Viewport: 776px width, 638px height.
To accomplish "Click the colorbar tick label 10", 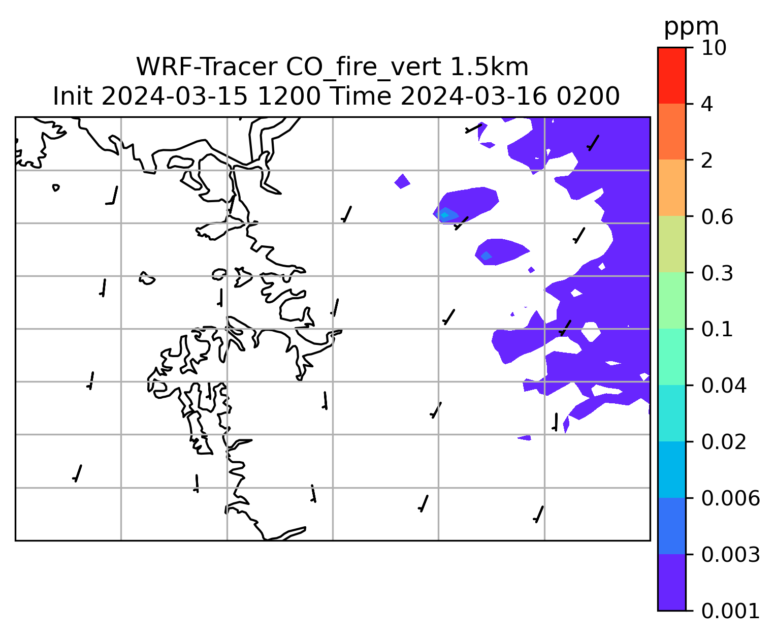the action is pyautogui.click(x=714, y=48).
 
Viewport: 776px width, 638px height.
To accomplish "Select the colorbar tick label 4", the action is pyautogui.click(x=707, y=104).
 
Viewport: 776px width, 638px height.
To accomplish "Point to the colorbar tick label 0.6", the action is pyautogui.click(x=717, y=217).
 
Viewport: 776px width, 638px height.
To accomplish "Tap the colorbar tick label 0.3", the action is pyautogui.click(x=717, y=273).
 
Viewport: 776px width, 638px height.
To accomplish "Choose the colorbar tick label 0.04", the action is pyautogui.click(x=723, y=385).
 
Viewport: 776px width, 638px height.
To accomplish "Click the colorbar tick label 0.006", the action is pyautogui.click(x=730, y=498).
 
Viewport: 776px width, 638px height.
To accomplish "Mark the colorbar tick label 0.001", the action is pyautogui.click(x=730, y=611).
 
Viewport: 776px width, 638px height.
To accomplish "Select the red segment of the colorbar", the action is pyautogui.click(x=671, y=75).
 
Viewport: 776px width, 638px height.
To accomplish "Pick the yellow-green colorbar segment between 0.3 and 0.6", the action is pyautogui.click(x=671, y=244).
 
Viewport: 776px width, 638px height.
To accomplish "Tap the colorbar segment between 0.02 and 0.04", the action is pyautogui.click(x=671, y=413).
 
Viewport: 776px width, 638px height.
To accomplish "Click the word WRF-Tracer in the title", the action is pyautogui.click(x=207, y=67).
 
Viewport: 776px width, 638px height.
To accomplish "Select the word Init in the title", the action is pyautogui.click(x=73, y=97).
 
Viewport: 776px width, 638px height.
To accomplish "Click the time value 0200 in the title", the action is pyautogui.click(x=588, y=97).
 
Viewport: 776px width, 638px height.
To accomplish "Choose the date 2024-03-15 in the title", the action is pyautogui.click(x=174, y=97).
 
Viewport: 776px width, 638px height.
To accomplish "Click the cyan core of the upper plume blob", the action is pyautogui.click(x=444, y=215).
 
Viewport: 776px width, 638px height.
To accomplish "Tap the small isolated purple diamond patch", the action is pyautogui.click(x=402, y=181).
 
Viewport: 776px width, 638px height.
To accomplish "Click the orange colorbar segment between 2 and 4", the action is pyautogui.click(x=671, y=132).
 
